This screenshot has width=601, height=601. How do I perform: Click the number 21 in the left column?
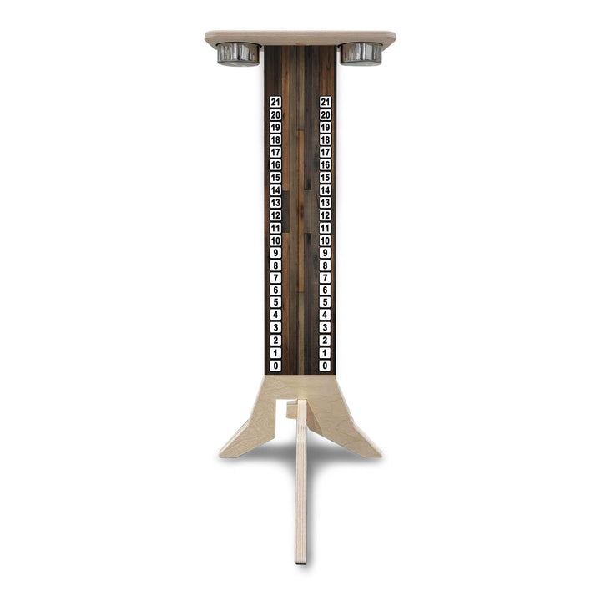(275, 102)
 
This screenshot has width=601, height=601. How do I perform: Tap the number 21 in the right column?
(325, 102)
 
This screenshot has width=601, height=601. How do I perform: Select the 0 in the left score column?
(275, 366)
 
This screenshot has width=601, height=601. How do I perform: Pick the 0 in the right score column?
(325, 366)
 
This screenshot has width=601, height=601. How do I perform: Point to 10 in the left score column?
(275, 240)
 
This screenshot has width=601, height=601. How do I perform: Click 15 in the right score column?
(325, 177)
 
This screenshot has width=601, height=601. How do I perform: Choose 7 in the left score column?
(275, 278)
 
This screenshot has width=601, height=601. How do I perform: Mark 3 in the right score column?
(325, 328)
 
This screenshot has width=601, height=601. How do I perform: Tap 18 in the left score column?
(275, 139)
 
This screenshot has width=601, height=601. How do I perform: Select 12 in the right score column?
(325, 215)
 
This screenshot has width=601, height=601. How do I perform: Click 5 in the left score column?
(275, 303)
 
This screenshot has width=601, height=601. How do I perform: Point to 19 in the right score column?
(325, 127)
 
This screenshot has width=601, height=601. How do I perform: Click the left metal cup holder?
(238, 53)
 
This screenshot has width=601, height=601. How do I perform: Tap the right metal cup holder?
(361, 53)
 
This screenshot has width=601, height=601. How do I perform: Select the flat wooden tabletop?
(300, 38)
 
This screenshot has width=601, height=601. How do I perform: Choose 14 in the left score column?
(275, 189)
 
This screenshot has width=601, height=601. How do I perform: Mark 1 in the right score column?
(325, 353)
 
